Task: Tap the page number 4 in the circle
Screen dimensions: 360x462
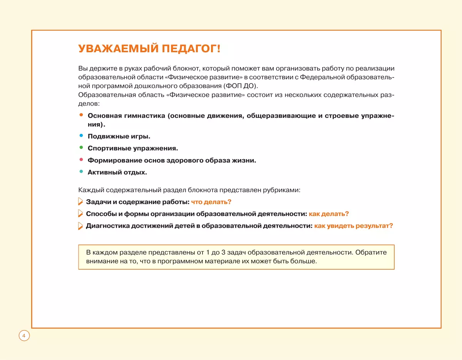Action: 24,336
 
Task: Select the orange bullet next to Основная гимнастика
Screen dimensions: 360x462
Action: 81,115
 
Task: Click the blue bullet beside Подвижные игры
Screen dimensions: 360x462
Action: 81,136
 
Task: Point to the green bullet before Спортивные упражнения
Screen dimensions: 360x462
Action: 81,147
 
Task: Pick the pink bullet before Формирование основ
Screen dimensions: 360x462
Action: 81,160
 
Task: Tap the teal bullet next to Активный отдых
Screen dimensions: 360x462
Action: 81,172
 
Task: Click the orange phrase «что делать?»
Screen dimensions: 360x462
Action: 211,202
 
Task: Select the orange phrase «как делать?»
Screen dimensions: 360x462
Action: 328,214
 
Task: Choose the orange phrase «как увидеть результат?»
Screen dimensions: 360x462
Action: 353,226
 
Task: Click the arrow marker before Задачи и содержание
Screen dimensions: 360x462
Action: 80,202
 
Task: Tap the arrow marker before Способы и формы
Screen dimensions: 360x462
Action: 80,213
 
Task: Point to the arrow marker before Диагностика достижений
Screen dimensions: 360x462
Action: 80,226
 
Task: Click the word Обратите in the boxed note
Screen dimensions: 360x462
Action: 372,253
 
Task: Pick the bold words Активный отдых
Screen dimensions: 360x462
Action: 117,172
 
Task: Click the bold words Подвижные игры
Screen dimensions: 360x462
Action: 119,136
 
